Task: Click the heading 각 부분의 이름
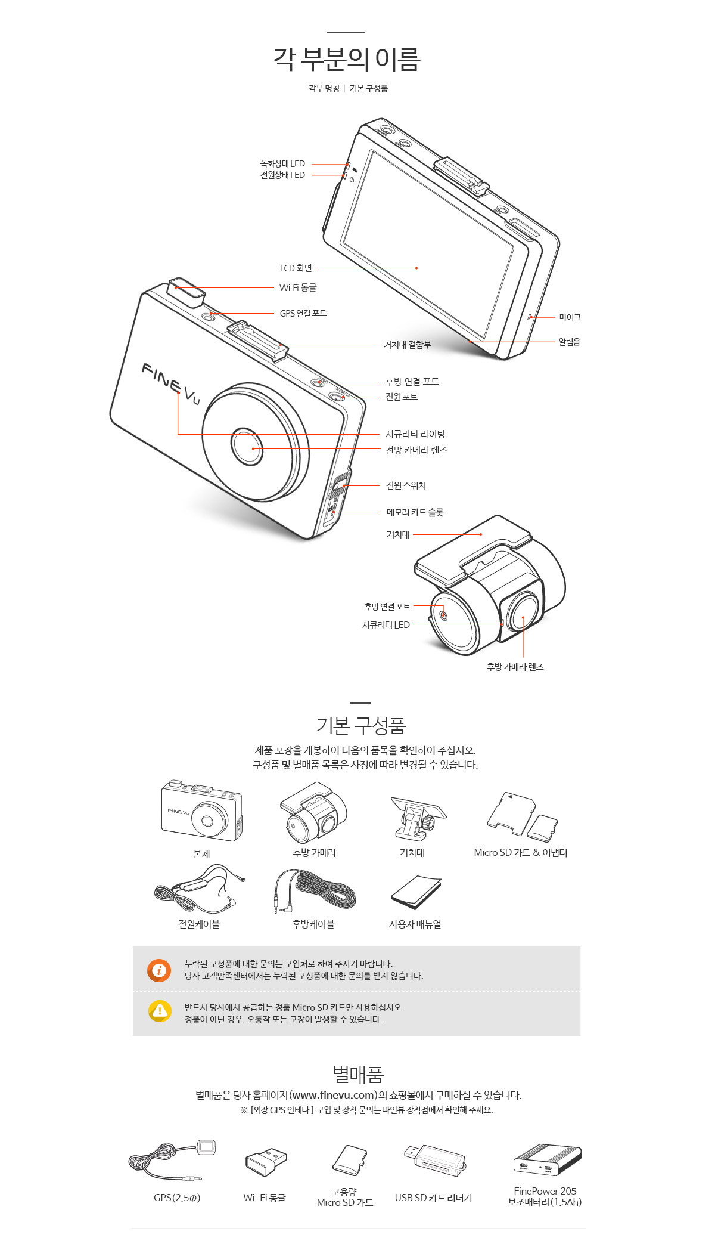(347, 59)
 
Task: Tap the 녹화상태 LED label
(282, 163)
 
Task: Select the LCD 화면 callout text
(296, 268)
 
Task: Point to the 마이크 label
(570, 317)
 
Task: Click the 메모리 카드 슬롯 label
(415, 512)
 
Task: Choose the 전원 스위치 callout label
(406, 485)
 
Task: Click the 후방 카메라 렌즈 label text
(515, 667)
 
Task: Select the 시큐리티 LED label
(386, 625)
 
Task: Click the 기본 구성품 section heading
(361, 726)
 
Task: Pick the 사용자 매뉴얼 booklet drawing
(416, 892)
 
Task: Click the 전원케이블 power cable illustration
(200, 889)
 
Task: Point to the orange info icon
(159, 970)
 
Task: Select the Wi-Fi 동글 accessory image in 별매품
(266, 1162)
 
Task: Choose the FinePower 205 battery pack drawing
(547, 1160)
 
